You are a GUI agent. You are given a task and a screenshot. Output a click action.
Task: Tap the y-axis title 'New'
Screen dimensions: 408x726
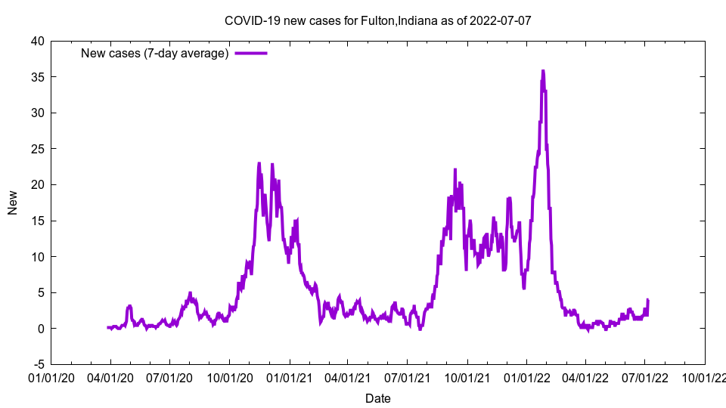pos(13,202)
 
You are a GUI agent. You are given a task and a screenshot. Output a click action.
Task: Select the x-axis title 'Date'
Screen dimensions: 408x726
pos(378,398)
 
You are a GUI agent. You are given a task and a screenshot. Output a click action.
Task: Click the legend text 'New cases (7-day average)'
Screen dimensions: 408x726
pos(155,54)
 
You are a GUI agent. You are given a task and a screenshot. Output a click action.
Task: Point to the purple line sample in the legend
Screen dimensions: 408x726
pos(251,54)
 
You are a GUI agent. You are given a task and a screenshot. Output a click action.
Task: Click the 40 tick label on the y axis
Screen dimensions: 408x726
pos(37,41)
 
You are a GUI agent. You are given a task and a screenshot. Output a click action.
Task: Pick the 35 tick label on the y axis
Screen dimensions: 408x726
pos(37,77)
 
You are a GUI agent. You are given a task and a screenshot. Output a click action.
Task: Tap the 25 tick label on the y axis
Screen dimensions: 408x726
pos(37,149)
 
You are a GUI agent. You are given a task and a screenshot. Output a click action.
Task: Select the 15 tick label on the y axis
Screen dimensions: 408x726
pos(37,221)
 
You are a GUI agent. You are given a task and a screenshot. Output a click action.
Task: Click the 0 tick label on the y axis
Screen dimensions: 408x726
pos(41,329)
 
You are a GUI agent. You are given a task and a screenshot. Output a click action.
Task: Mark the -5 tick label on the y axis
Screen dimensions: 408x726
pos(39,364)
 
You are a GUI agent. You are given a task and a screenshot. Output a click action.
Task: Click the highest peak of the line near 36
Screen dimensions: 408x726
pos(542,71)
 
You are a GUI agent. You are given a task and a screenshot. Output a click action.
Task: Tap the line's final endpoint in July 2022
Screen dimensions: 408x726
pos(648,300)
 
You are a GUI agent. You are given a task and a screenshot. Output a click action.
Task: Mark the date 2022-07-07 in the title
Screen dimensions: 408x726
pos(500,20)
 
